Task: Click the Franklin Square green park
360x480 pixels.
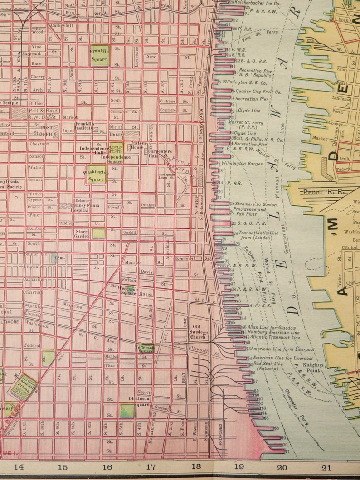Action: [100, 55]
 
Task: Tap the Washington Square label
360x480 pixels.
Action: [96, 175]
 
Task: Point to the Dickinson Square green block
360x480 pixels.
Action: [127, 411]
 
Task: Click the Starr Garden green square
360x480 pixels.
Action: [98, 233]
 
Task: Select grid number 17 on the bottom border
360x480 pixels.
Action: [151, 466]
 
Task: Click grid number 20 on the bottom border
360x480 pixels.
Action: [282, 467]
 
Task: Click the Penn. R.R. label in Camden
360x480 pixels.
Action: [319, 192]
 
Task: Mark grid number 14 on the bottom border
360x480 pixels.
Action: [19, 466]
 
